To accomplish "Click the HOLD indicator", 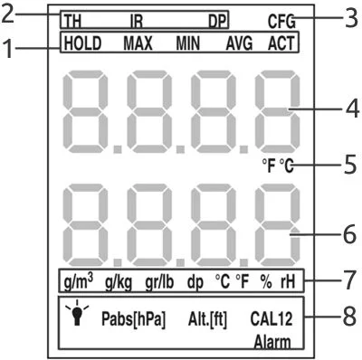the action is click(82, 43).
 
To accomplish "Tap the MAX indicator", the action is click(138, 43).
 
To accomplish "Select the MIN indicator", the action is click(188, 43).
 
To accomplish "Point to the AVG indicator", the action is click(239, 43).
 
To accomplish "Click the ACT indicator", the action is click(281, 43).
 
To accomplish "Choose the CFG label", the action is click(281, 22).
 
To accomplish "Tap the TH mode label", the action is click(72, 22).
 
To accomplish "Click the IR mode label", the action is click(137, 22).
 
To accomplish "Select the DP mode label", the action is click(217, 22).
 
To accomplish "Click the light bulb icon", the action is click(77, 313).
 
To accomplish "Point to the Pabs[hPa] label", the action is click(134, 319).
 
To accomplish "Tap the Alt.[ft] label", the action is click(207, 319).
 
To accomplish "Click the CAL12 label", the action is click(271, 318).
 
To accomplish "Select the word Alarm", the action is click(272, 343).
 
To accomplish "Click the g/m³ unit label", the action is click(79, 282).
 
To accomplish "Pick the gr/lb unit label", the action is click(159, 282).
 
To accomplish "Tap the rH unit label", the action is click(288, 282).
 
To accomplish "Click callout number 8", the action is click(349, 317).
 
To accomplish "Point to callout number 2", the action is click(7, 14).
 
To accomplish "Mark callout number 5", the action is click(350, 165).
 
